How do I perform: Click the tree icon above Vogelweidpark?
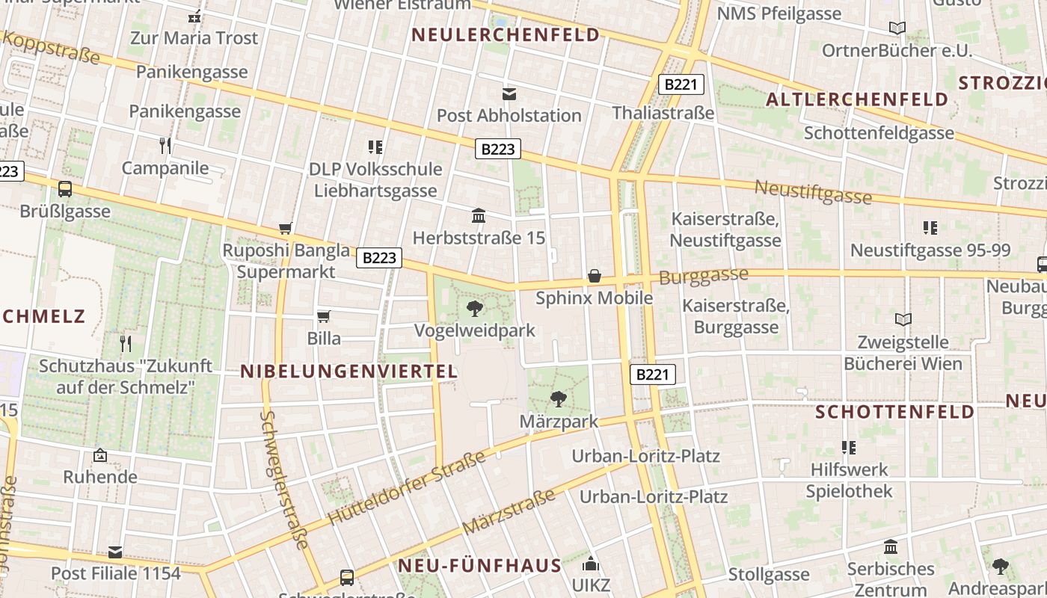(x=474, y=308)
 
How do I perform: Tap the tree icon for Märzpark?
(x=558, y=399)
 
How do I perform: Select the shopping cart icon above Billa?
(x=324, y=316)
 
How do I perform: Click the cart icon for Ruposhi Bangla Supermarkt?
(x=285, y=228)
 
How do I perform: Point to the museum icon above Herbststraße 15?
(x=479, y=216)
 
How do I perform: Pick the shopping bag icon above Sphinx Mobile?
(x=595, y=276)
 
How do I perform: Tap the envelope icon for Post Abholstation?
(x=509, y=93)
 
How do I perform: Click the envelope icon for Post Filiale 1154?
(x=115, y=552)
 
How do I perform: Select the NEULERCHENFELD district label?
(x=506, y=34)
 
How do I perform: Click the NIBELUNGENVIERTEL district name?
(x=349, y=372)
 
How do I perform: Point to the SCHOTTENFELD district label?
(x=895, y=412)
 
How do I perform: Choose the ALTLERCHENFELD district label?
(x=857, y=99)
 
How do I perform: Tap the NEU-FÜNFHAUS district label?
(x=479, y=565)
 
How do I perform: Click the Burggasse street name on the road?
(x=703, y=276)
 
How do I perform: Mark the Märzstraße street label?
(x=509, y=512)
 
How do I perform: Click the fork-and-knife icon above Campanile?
(x=165, y=145)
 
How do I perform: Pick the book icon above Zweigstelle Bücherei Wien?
(x=903, y=320)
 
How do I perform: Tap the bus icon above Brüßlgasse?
(x=65, y=188)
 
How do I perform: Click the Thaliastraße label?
(x=663, y=113)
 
